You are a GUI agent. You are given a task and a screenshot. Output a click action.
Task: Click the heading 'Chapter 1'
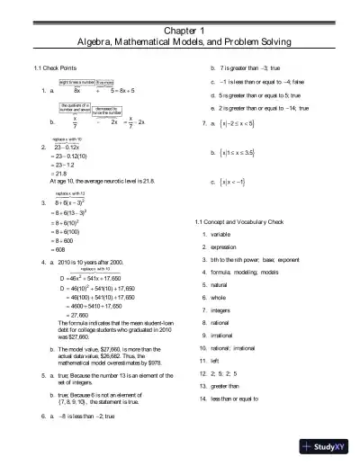tap(180, 30)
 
